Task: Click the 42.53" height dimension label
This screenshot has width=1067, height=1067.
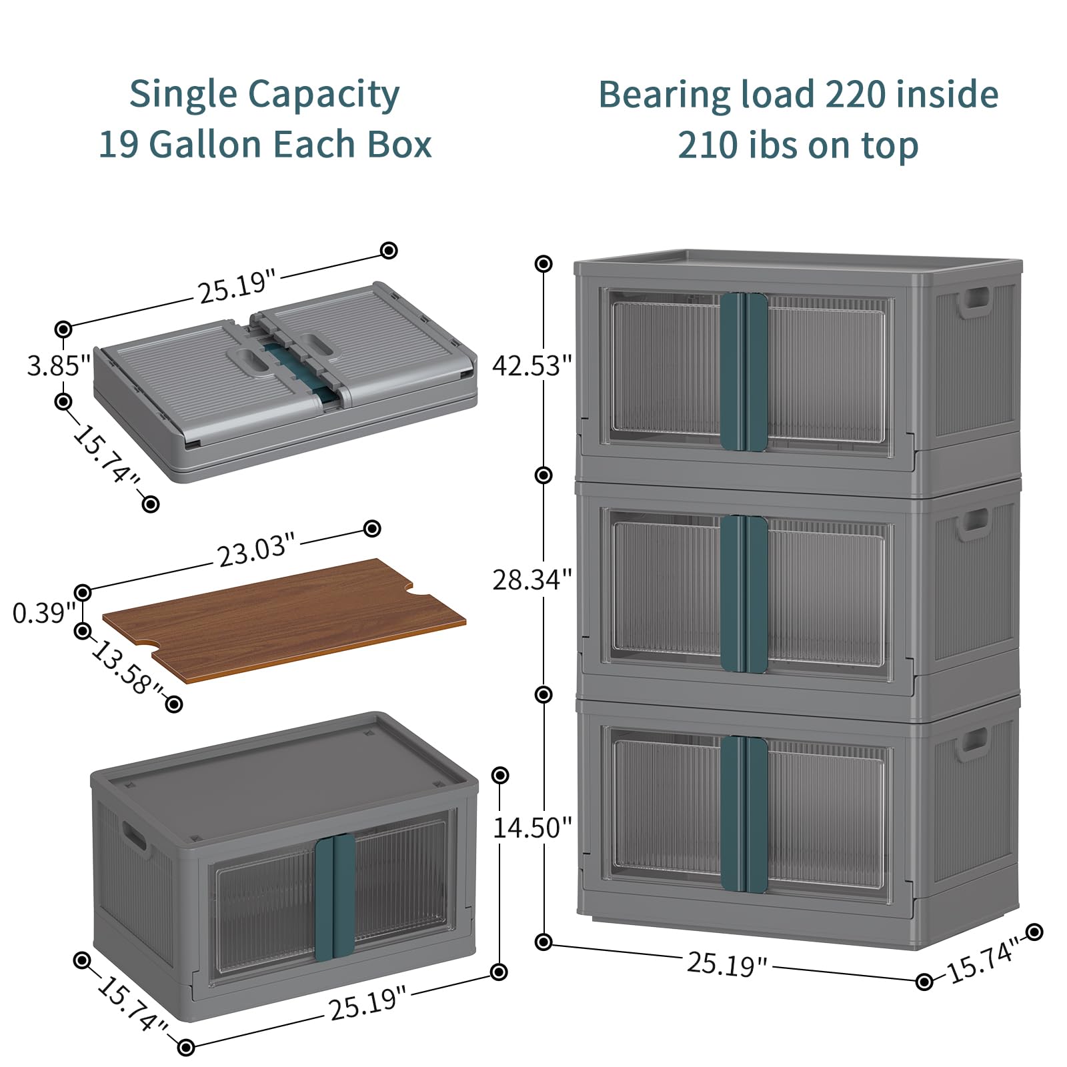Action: click(532, 365)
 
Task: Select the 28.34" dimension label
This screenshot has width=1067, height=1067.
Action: click(532, 580)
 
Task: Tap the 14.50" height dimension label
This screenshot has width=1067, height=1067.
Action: click(532, 828)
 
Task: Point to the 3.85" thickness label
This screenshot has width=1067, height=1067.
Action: click(59, 365)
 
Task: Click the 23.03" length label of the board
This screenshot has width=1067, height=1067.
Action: click(256, 550)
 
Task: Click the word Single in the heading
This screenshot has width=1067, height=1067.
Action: click(183, 95)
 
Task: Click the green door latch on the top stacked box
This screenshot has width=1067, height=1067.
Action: click(744, 371)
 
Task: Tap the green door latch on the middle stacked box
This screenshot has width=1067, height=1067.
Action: click(744, 594)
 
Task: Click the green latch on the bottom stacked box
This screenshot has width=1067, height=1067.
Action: click(744, 814)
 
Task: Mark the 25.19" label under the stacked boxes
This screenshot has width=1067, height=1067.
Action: click(727, 964)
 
